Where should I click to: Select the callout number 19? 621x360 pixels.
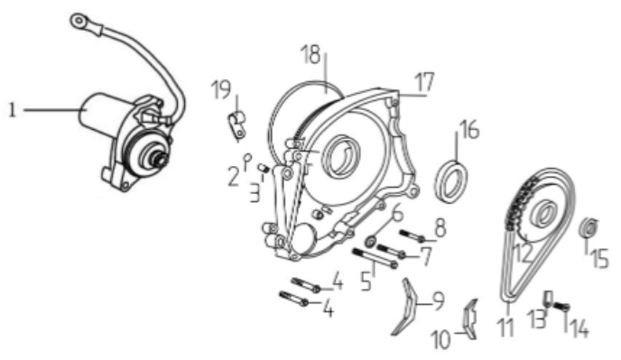tap(219, 90)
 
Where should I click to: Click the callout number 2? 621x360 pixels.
tap(232, 171)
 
